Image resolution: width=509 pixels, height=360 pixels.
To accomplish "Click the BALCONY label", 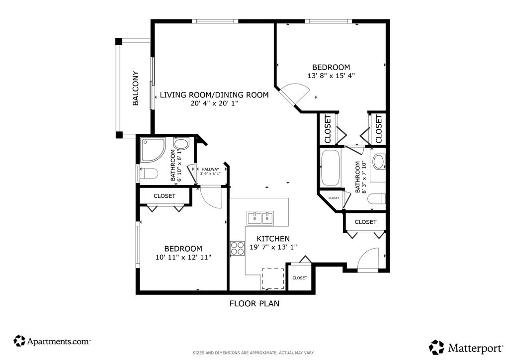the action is click(136, 89).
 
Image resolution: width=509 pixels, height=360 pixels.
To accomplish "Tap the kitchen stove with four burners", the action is click(237, 248).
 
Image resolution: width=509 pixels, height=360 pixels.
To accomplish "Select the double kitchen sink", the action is click(260, 218).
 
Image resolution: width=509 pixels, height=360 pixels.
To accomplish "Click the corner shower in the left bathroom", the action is click(153, 150).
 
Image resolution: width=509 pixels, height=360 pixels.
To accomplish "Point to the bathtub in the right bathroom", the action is click(330, 168).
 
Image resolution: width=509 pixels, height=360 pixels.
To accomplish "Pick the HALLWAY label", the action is click(210, 169).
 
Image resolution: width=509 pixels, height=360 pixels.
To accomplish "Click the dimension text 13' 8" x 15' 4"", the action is click(331, 76).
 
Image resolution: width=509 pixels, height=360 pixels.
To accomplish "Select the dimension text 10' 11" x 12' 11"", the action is click(183, 258).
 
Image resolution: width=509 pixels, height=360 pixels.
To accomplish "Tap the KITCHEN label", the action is click(273, 239).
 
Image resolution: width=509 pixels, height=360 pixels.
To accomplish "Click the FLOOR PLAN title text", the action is click(254, 303).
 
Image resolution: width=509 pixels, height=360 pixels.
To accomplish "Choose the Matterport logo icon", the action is click(436, 347).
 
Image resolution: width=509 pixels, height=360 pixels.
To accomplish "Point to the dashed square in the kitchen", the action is click(273, 278).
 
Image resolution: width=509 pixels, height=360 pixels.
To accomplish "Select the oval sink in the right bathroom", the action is click(378, 162).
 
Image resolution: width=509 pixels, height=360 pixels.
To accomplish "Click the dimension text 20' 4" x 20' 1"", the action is click(214, 103).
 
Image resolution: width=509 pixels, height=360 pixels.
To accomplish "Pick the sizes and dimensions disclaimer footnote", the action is click(254, 353).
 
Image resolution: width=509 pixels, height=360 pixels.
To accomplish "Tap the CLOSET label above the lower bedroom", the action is click(164, 196).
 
